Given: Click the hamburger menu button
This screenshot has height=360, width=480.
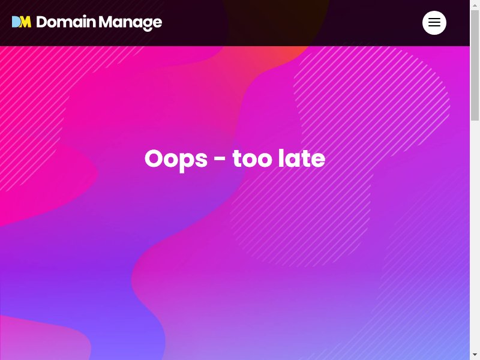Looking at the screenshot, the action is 434,23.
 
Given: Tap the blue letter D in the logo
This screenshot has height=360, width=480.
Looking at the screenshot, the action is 16,22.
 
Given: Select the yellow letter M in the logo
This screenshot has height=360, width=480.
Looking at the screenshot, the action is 26,22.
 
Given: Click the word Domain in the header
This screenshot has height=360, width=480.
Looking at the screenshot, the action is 66,22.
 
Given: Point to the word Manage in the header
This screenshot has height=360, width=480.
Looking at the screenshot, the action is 130,23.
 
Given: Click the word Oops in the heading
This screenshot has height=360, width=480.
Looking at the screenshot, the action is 176,160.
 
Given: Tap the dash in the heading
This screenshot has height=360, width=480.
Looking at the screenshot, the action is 220,158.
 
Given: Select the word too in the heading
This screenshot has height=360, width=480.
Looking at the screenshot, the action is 252,158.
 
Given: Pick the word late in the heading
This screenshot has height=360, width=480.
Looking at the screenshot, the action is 302,158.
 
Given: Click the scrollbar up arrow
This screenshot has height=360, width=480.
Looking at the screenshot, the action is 475,5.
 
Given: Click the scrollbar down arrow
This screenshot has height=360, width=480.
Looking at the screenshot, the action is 475,355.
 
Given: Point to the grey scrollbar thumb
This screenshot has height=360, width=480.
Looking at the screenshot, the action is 475,65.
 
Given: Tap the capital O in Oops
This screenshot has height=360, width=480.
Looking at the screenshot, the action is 154,158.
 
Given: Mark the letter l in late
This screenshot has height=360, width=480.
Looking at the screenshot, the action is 281,158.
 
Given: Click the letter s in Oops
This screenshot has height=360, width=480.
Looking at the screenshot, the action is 201,160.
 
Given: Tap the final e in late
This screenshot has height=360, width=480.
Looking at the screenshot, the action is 318,160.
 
